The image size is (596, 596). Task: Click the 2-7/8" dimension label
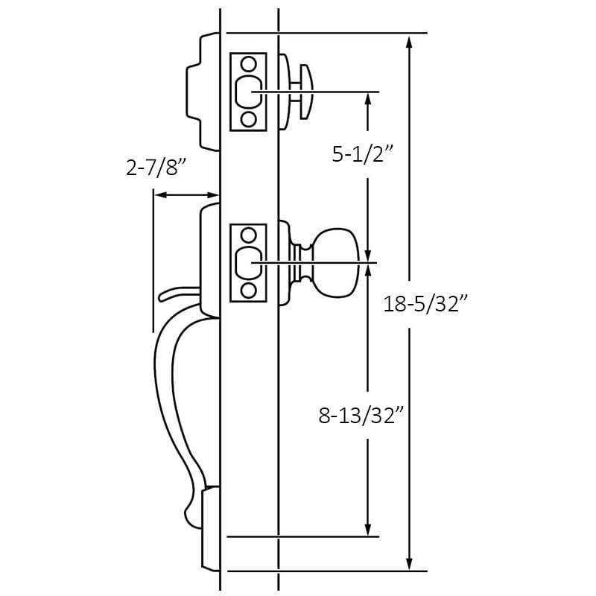(x=156, y=169)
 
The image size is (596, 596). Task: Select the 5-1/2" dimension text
(x=362, y=154)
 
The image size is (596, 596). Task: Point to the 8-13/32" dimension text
(x=361, y=416)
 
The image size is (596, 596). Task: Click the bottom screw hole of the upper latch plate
(x=248, y=118)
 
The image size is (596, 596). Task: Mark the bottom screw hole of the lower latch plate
(x=248, y=289)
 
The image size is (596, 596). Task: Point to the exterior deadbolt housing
(x=203, y=92)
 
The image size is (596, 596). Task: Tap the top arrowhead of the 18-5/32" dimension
(x=408, y=42)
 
